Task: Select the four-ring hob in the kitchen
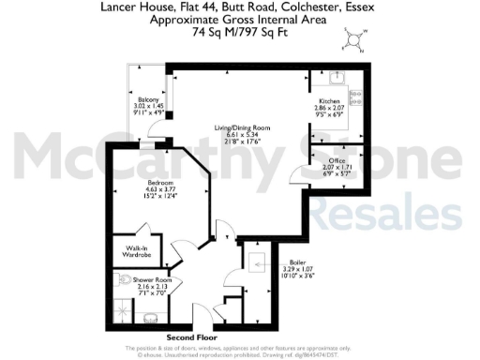(357, 94)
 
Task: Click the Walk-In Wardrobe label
(130, 252)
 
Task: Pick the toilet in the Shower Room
(126, 279)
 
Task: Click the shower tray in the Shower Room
(124, 308)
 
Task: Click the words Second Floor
(192, 337)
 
